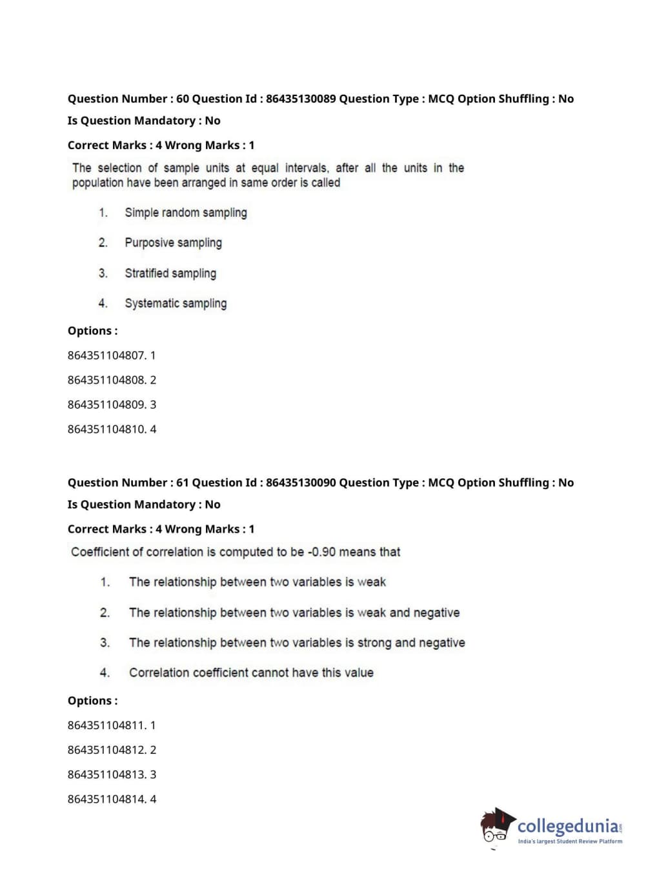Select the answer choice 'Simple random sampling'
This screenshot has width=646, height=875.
[186, 213]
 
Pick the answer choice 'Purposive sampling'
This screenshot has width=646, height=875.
[173, 243]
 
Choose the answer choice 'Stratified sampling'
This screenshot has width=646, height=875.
[170, 274]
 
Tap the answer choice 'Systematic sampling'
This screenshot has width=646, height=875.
[176, 303]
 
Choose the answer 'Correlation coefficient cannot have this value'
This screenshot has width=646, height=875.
[251, 673]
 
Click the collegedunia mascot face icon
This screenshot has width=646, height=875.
[496, 827]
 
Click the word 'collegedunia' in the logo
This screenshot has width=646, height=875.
[568, 826]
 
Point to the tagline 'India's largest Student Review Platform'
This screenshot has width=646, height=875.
[570, 841]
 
